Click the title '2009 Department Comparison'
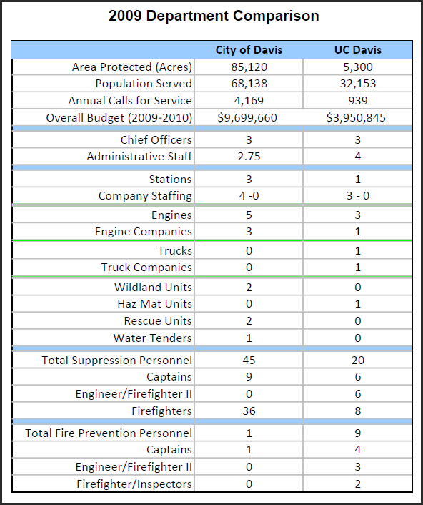[214, 16]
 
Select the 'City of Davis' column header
[249, 50]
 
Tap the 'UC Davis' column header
[358, 50]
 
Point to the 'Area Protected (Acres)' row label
[132, 67]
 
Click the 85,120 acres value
[249, 67]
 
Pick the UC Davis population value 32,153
[358, 84]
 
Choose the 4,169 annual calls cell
[249, 101]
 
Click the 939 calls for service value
[358, 101]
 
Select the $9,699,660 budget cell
[247, 118]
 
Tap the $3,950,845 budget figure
[356, 118]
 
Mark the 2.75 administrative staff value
[249, 157]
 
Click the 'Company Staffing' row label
[145, 196]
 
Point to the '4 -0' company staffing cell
[249, 196]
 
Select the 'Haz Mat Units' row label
[155, 304]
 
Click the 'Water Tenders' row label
[152, 338]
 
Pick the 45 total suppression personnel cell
[249, 360]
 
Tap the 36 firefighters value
[249, 411]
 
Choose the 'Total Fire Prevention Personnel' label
[109, 433]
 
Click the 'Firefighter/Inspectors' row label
[134, 484]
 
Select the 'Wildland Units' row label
[153, 288]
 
